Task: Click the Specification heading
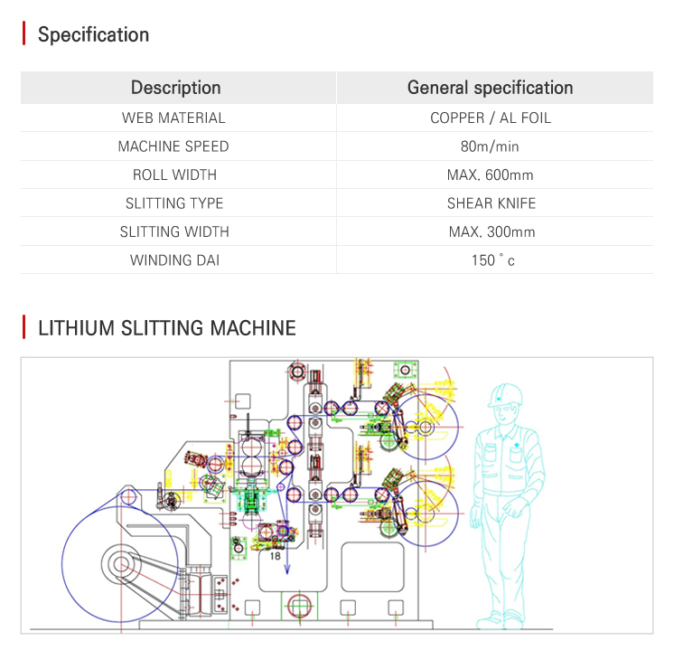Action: pyautogui.click(x=93, y=34)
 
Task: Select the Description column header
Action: pyautogui.click(x=176, y=88)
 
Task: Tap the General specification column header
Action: pyautogui.click(x=490, y=88)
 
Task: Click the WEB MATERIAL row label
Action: pyautogui.click(x=173, y=118)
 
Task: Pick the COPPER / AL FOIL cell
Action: pyautogui.click(x=491, y=118)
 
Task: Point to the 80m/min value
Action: pyautogui.click(x=490, y=146)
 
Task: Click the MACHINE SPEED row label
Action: pyautogui.click(x=173, y=146)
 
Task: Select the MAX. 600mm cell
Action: pyautogui.click(x=490, y=174)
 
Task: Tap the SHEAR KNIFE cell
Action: pyautogui.click(x=491, y=203)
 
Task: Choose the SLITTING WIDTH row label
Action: pyautogui.click(x=174, y=231)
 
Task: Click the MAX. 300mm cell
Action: pyautogui.click(x=491, y=231)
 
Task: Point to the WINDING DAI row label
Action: pyautogui.click(x=174, y=260)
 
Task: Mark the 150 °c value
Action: pyautogui.click(x=492, y=260)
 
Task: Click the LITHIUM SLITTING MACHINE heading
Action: pyautogui.click(x=167, y=328)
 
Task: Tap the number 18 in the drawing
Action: pyautogui.click(x=275, y=556)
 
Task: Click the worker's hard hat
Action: pyautogui.click(x=505, y=395)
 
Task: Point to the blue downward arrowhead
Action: pyautogui.click(x=287, y=570)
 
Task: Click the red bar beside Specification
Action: pyautogui.click(x=24, y=33)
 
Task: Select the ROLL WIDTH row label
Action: pyautogui.click(x=174, y=174)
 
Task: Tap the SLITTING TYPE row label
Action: pyautogui.click(x=174, y=203)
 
